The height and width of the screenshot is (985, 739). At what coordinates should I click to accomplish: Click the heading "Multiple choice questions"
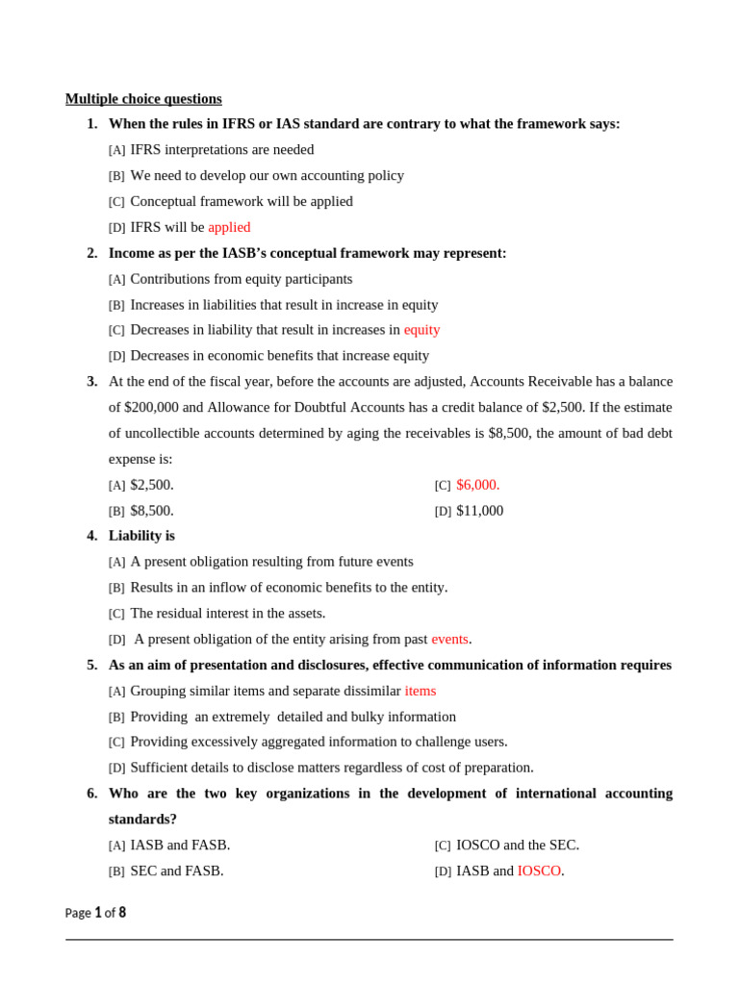click(x=143, y=98)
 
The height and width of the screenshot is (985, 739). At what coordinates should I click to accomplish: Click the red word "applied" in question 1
click(x=229, y=227)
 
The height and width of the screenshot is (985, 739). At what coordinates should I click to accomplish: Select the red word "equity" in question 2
click(x=421, y=329)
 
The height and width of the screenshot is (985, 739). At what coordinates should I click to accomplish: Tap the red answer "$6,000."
click(x=477, y=485)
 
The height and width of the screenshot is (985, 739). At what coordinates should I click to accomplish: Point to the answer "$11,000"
click(x=479, y=511)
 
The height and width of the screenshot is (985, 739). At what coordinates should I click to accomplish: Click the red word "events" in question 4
click(x=449, y=639)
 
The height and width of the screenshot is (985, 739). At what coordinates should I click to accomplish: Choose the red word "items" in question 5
click(x=420, y=691)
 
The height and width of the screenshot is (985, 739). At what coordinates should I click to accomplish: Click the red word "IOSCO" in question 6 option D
click(x=539, y=871)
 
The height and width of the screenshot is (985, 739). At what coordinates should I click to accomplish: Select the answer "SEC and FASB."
click(x=177, y=871)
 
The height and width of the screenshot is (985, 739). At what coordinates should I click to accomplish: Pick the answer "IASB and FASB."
click(x=180, y=845)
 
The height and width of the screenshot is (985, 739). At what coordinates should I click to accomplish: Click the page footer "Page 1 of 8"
click(x=95, y=913)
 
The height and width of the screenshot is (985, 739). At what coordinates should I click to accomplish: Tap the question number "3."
click(x=92, y=381)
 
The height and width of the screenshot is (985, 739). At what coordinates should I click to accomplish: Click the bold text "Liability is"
click(x=141, y=535)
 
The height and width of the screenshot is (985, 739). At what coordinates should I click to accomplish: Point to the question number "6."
click(x=92, y=793)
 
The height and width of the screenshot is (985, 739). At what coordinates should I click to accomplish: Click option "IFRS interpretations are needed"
click(x=221, y=149)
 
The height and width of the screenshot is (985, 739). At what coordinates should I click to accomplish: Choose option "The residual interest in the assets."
click(x=227, y=613)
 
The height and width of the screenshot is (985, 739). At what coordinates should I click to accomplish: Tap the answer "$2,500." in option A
click(x=152, y=485)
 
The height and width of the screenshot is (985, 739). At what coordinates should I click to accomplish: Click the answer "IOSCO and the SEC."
click(x=518, y=845)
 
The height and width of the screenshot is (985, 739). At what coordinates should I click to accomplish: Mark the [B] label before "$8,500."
click(x=116, y=512)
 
